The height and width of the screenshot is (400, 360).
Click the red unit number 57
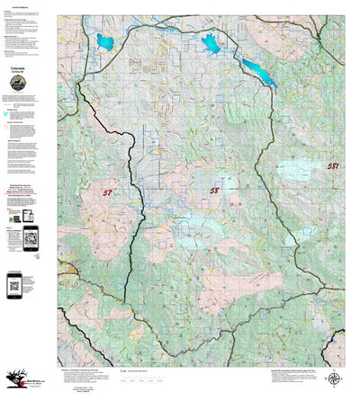(x=108, y=192)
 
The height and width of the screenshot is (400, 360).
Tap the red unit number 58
(x=213, y=191)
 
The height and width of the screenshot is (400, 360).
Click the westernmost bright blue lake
(x=103, y=41)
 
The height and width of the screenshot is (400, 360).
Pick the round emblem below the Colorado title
(x=19, y=84)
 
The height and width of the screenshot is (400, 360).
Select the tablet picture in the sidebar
(x=27, y=218)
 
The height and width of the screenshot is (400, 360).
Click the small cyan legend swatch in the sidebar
(x=8, y=114)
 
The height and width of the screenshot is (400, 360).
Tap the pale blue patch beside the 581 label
(x=297, y=169)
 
